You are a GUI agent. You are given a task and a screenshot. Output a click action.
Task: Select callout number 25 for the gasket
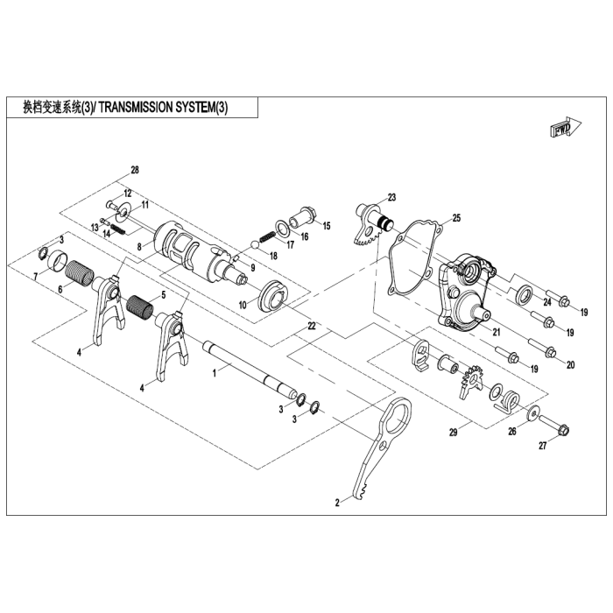[x=455, y=217]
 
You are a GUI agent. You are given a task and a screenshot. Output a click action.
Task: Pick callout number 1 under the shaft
[x=214, y=372]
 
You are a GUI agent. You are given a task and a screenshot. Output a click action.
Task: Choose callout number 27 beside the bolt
[x=542, y=446]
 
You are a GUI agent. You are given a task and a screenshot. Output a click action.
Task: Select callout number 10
[x=243, y=304]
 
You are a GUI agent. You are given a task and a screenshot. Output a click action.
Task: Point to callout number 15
[x=327, y=226]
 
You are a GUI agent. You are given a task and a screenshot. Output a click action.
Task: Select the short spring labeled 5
[x=142, y=306]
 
